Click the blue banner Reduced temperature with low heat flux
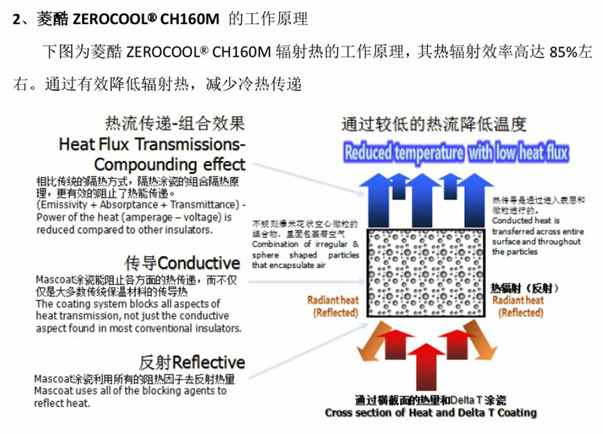[x=456, y=152]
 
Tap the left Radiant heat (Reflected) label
[x=333, y=306]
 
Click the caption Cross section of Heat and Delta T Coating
[x=430, y=413]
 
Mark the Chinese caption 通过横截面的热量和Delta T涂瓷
[x=430, y=400]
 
